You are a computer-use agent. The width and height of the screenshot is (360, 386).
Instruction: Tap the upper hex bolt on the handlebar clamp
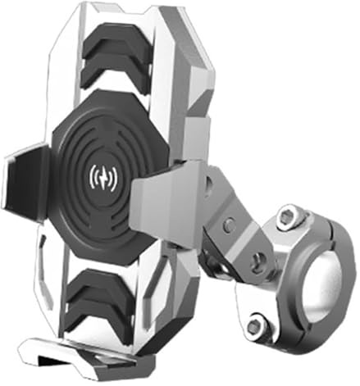(288, 217)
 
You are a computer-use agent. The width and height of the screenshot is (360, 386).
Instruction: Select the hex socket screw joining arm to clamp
(257, 261)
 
